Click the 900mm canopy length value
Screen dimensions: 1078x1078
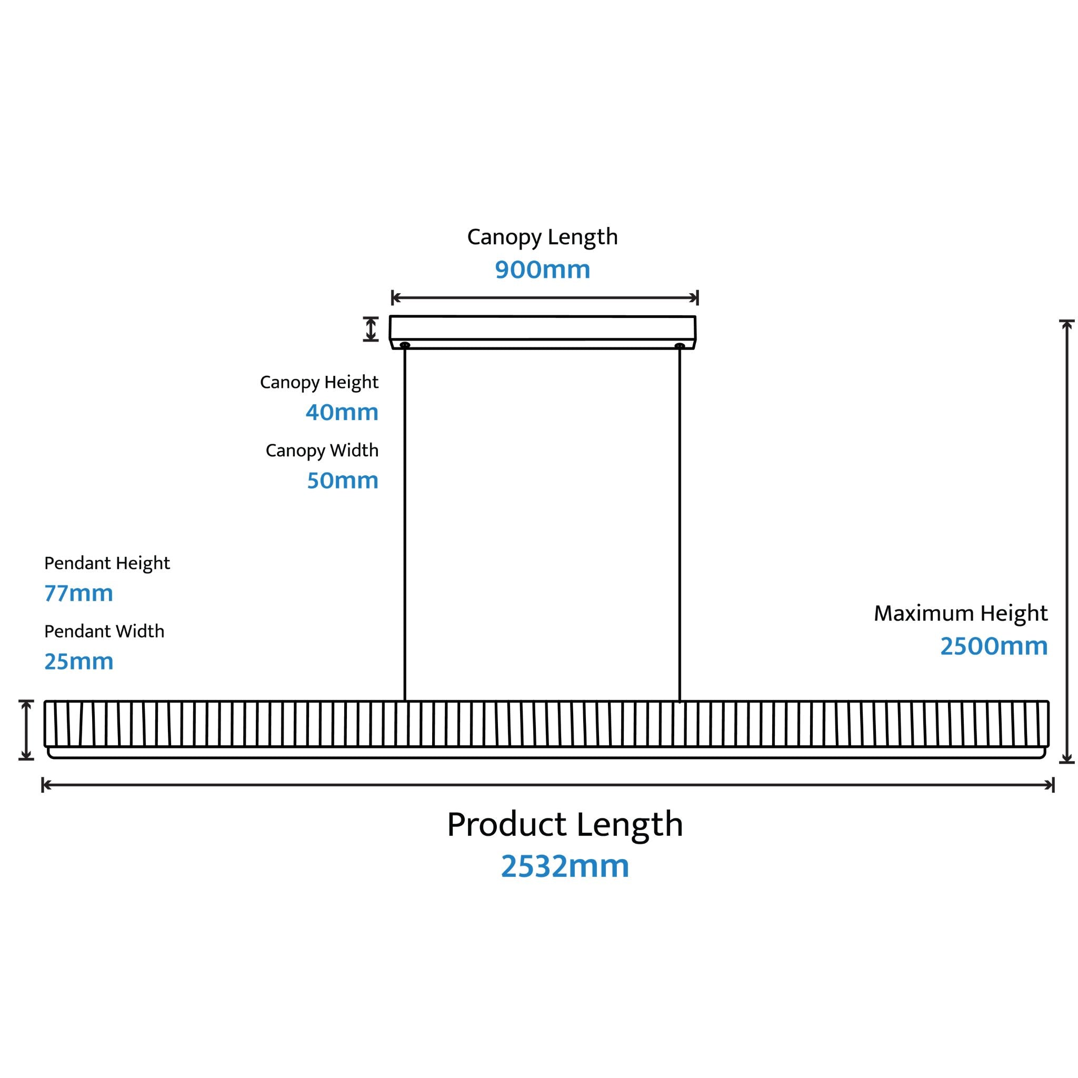[x=542, y=269]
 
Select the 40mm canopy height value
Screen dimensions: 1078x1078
[x=342, y=412]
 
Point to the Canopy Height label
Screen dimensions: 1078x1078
[x=319, y=383]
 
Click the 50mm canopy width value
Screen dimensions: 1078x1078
[x=343, y=481]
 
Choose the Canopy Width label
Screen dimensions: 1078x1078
[x=322, y=450]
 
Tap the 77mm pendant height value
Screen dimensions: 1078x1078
[x=78, y=593]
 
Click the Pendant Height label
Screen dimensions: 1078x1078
[x=107, y=564]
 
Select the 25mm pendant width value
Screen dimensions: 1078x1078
[x=78, y=662]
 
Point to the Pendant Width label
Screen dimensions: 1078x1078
[x=104, y=631]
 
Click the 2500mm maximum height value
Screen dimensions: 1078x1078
[x=994, y=646]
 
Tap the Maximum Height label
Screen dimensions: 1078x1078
[x=961, y=614]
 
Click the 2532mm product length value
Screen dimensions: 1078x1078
[x=565, y=866]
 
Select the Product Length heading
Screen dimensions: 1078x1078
[x=565, y=825]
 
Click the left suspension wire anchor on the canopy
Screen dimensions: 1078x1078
[x=405, y=345]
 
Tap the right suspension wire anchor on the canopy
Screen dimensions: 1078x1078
[x=680, y=346]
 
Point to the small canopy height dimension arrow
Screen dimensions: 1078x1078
[x=371, y=328]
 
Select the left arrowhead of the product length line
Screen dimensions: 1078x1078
[x=46, y=785]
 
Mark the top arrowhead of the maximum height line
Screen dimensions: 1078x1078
[x=1067, y=325]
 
